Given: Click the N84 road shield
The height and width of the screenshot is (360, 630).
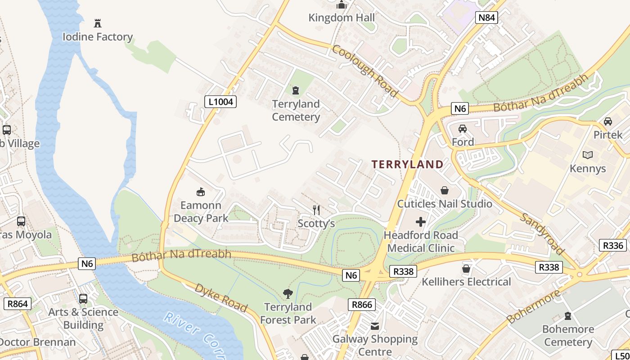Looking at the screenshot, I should [x=486, y=18].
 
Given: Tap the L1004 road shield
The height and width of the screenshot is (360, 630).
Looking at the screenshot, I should [x=220, y=102].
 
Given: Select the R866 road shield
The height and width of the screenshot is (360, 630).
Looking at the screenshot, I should [x=362, y=305].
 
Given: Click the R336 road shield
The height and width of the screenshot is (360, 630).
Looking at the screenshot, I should [x=613, y=245].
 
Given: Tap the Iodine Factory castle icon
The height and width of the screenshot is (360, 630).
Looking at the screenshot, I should [x=97, y=23].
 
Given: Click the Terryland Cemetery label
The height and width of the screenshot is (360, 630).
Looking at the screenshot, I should [x=296, y=110].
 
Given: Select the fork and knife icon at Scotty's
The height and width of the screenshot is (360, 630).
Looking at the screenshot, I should [x=316, y=210].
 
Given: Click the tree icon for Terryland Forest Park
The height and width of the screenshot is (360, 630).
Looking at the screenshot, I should [x=288, y=294].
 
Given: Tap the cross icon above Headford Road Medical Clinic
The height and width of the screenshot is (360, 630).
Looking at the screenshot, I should [x=421, y=222].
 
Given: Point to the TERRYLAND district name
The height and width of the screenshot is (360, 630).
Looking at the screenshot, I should [x=408, y=164].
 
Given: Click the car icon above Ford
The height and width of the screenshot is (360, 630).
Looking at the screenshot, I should [x=463, y=129].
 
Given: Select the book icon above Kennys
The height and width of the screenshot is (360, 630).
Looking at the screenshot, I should [x=587, y=155].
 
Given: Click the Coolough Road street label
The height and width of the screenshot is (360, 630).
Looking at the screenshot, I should [x=365, y=71].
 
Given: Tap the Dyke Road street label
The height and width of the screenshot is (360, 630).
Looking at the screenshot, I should [x=220, y=298].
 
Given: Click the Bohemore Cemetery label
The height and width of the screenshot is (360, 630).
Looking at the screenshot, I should [x=568, y=336].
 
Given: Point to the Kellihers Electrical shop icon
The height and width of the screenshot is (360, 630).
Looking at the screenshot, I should [x=466, y=269].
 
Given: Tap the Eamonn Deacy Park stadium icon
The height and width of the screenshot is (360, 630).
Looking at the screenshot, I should [x=201, y=192].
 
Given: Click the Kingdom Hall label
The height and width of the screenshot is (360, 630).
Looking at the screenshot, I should [x=342, y=18].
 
